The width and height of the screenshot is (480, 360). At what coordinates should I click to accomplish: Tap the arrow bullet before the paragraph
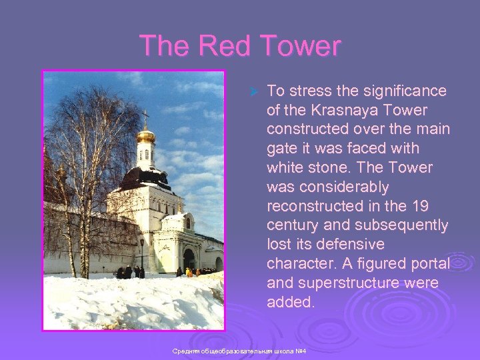(253, 91)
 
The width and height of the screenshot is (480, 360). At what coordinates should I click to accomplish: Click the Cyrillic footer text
(238, 351)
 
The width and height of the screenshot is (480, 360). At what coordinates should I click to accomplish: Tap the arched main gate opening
(189, 259)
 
